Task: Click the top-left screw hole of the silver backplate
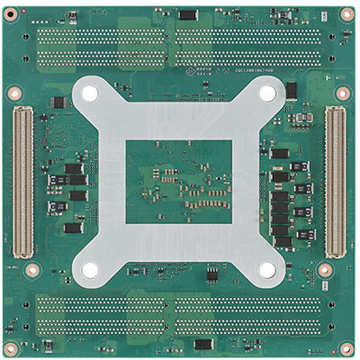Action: click(90, 91)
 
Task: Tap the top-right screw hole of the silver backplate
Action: click(267, 91)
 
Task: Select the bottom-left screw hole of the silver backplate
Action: click(90, 269)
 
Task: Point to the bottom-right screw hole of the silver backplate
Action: click(267, 269)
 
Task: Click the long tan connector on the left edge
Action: click(22, 179)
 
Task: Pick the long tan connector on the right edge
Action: click(335, 180)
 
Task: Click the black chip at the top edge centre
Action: click(187, 14)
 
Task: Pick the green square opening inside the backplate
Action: click(178, 180)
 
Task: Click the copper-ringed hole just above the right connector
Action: click(343, 92)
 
